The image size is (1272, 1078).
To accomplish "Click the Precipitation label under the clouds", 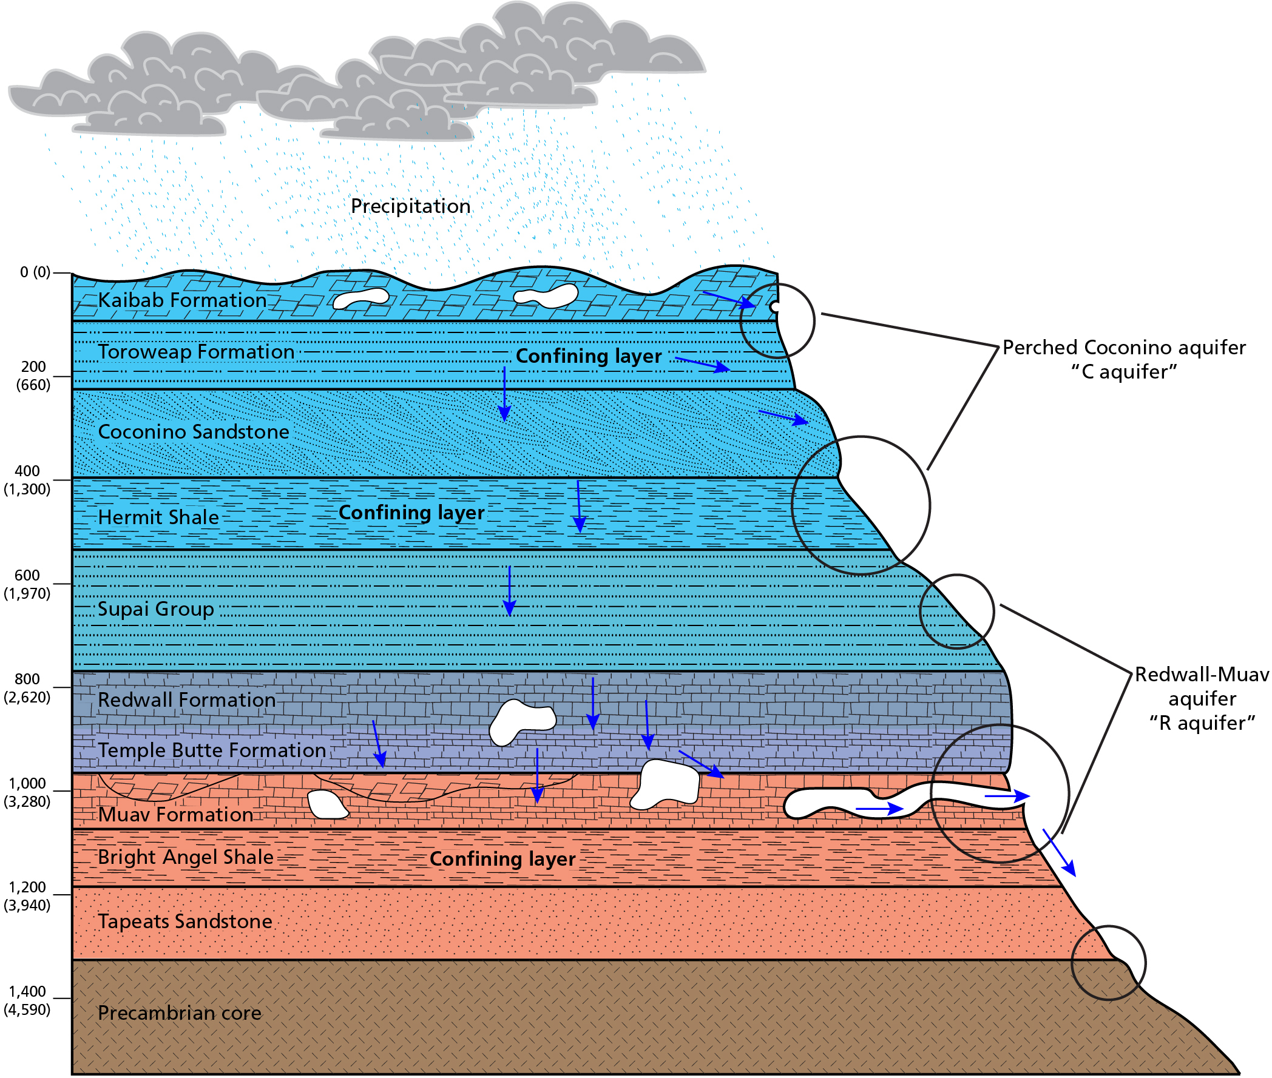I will [410, 206].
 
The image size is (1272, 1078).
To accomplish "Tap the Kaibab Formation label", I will [182, 300].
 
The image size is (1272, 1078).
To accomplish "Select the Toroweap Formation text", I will [195, 352].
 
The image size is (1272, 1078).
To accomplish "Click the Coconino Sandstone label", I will [193, 432].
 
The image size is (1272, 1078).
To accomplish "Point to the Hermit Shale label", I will [158, 517].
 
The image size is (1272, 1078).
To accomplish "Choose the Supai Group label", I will [156, 609].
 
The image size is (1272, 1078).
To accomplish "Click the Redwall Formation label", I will [186, 699].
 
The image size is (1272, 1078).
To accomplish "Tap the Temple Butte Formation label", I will [211, 750].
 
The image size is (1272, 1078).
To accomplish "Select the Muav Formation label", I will [175, 815].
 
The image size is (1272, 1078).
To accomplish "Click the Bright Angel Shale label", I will [185, 857].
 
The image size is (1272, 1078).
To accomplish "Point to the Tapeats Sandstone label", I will [184, 921].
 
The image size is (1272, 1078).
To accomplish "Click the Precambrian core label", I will [179, 1013].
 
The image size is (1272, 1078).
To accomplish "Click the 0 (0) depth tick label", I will [35, 272].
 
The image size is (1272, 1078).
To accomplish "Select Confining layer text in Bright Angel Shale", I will [502, 859].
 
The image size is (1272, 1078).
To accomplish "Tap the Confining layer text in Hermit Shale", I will [411, 513].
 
